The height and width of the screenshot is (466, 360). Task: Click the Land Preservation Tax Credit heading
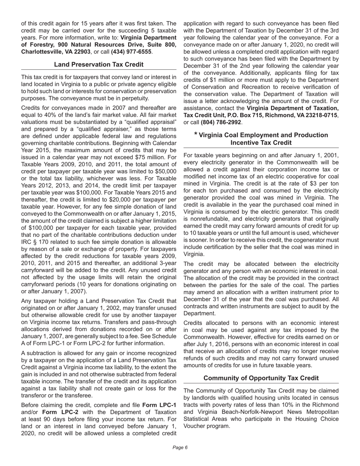click(x=99, y=64)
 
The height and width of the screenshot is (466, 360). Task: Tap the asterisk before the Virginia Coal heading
click(x=196, y=134)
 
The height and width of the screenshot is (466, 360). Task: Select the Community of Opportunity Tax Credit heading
click(x=261, y=378)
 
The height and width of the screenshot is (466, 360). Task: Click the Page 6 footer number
click(x=180, y=447)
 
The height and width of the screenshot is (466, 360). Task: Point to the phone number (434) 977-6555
click(x=131, y=52)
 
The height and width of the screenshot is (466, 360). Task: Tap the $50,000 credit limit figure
click(x=165, y=164)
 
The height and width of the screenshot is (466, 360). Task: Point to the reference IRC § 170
click(x=35, y=242)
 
